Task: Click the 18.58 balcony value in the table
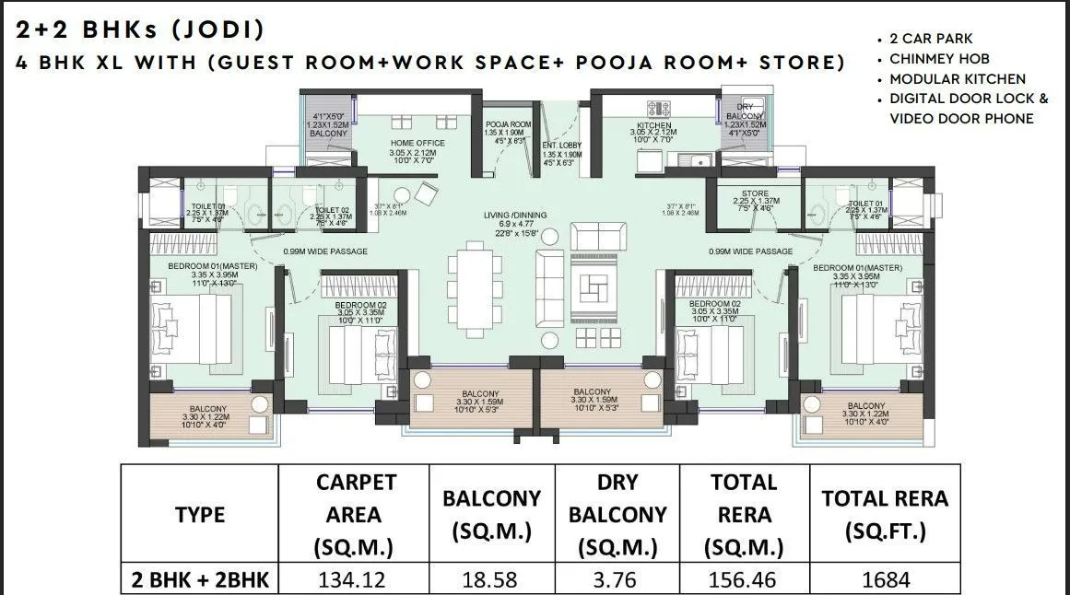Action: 493,580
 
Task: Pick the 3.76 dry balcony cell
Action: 617,580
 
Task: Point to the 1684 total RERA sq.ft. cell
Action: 885,580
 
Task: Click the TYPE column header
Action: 200,515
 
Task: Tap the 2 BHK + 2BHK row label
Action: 200,580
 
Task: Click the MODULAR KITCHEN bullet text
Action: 957,79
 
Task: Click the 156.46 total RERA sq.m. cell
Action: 744,580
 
